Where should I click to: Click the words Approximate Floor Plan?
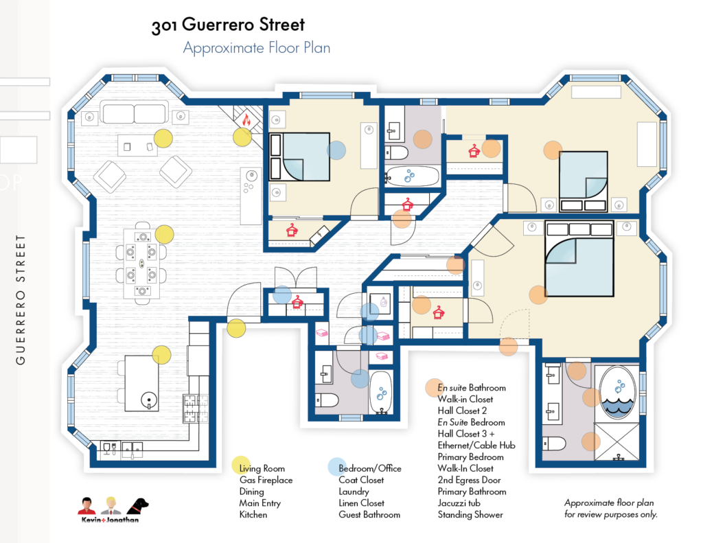[256, 49]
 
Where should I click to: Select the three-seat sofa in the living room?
[134, 113]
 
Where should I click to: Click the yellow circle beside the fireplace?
[242, 137]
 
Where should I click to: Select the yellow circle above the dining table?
[164, 234]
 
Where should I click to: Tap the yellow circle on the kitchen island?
[161, 355]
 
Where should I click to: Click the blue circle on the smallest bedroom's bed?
[336, 150]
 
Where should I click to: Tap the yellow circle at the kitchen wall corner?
[235, 328]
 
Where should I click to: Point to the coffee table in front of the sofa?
[137, 144]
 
